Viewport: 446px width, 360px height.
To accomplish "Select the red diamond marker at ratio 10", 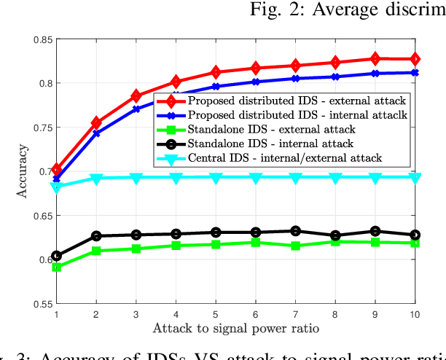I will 415,58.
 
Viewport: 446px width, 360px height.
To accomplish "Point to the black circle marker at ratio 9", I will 375,231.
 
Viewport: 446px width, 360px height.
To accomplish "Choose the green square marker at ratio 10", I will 415,243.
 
